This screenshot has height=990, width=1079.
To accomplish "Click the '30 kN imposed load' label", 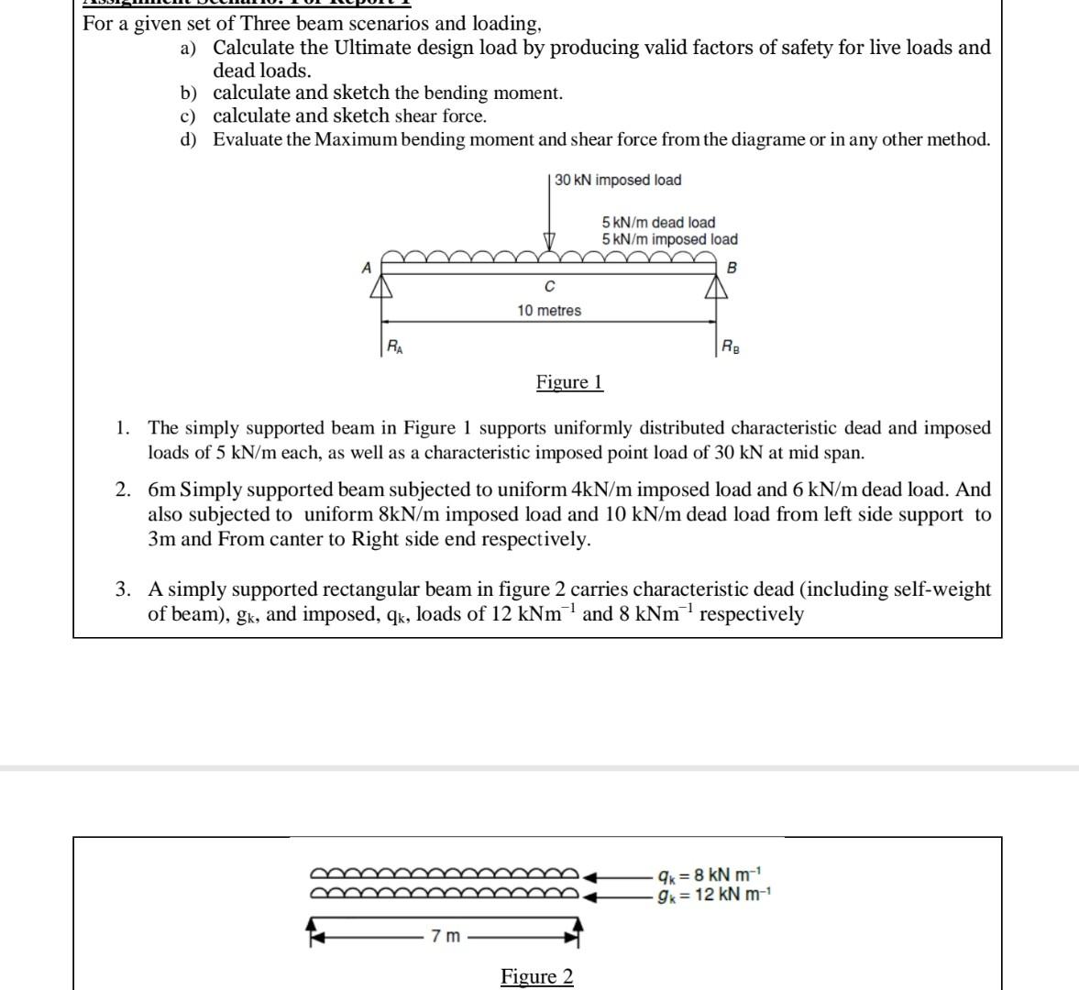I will pos(618,180).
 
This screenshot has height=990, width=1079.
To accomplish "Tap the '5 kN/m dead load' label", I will pos(658,223).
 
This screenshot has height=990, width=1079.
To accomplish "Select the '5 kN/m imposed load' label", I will pos(669,239).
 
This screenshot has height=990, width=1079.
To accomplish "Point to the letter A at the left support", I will pos(367,268).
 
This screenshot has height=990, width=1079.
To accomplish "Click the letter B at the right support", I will pos(731,269).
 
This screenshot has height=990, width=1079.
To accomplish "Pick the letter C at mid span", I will pos(549,287).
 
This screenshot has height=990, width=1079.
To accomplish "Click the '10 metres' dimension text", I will pos(548,311).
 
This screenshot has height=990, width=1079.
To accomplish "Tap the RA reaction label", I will pos(393,346).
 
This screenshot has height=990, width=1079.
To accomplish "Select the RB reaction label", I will pos(730,346).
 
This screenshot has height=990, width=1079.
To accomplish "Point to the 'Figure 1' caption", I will pos(569,382).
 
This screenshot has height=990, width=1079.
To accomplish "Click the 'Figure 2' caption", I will pos(536,976).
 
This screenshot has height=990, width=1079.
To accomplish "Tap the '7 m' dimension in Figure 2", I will pos(446,936).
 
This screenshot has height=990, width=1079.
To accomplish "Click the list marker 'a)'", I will pos(188,48).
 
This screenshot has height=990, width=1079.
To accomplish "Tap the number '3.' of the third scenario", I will pos(123,589).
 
